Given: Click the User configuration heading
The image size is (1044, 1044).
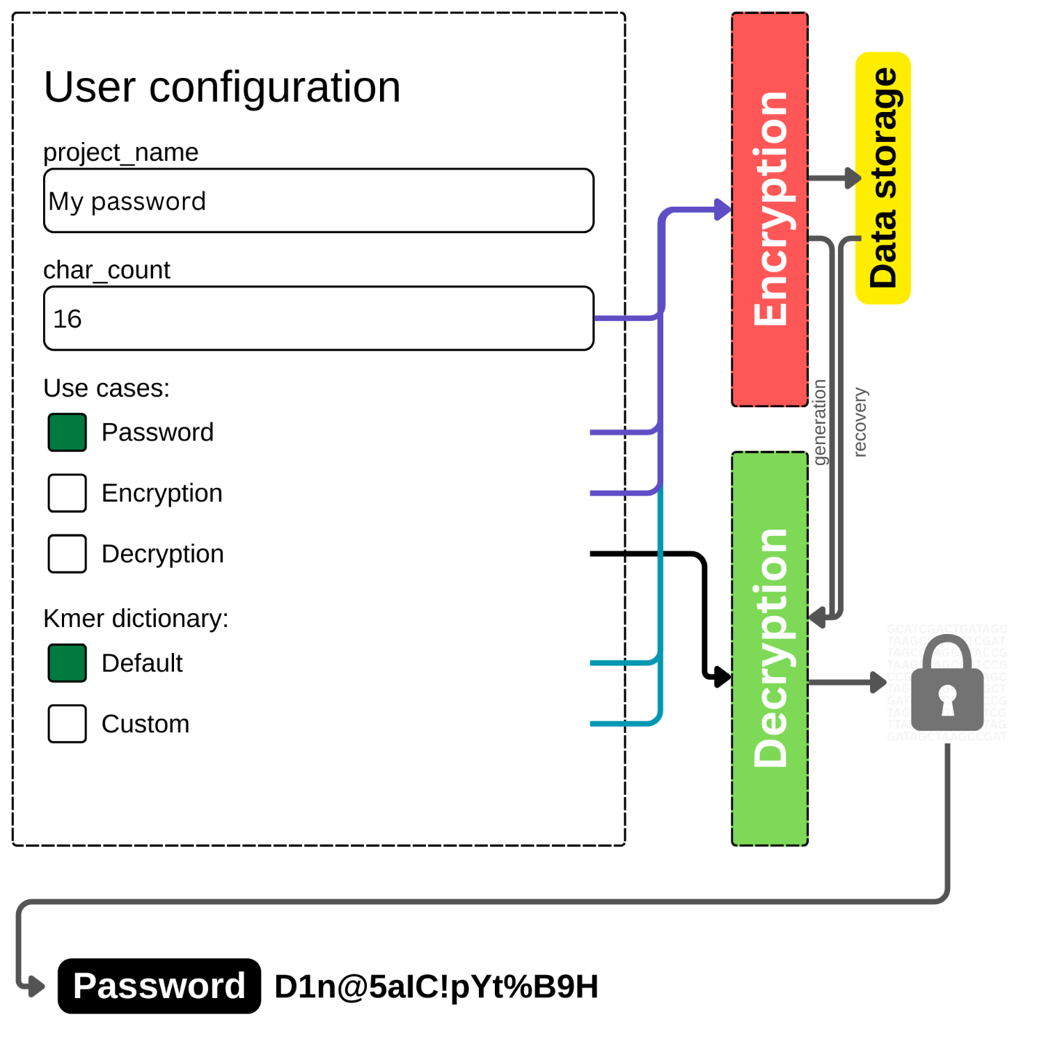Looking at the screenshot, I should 222,88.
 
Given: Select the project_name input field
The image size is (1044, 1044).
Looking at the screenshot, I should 318,201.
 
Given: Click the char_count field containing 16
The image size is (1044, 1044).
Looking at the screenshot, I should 318,319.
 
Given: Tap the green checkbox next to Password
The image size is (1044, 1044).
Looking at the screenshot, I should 68,432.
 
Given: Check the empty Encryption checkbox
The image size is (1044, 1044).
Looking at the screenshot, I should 68,493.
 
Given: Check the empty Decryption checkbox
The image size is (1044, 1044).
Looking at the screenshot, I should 68,553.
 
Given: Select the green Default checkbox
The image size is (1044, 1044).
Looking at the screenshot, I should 68,663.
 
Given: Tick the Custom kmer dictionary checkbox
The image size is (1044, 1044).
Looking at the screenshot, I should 68,724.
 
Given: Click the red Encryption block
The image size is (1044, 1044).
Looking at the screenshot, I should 769,209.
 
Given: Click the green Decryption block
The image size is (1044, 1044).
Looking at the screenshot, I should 769,648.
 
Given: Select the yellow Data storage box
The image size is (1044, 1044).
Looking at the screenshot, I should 883,178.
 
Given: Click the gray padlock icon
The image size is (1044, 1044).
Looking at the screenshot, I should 947,686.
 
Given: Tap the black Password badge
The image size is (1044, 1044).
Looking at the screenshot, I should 159,986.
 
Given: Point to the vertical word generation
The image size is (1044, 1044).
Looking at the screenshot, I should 820,422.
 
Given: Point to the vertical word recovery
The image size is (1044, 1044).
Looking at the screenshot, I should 860,422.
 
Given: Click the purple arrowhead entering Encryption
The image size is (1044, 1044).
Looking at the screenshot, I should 722,209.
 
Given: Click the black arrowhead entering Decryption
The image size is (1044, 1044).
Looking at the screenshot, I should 722,676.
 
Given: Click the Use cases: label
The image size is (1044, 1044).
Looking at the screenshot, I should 106,388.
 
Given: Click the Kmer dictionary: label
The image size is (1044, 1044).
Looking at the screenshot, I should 136,619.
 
